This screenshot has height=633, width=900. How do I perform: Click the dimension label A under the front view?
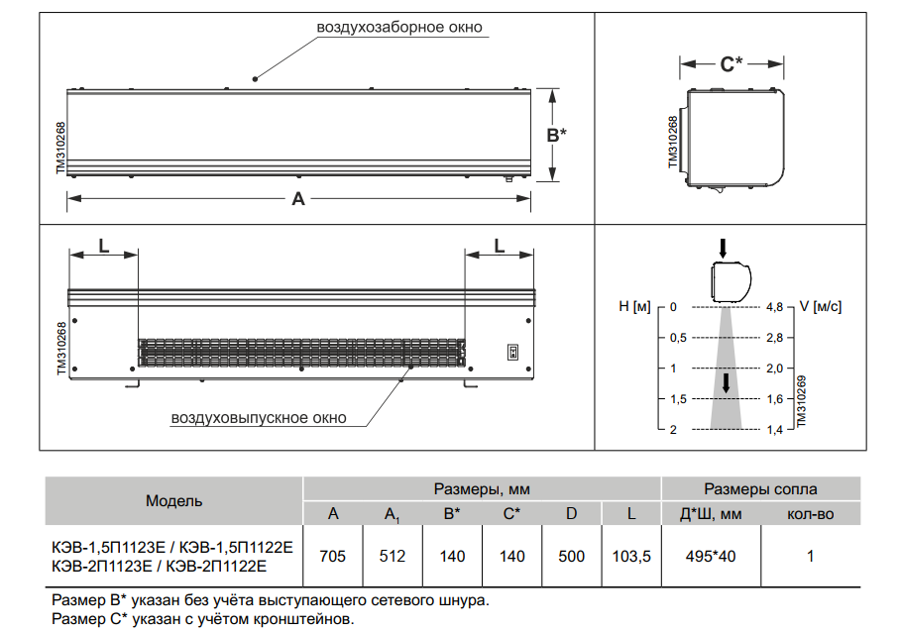tap(298, 198)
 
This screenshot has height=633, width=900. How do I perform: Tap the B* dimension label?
tap(556, 135)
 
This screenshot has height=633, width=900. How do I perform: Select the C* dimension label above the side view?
tap(731, 63)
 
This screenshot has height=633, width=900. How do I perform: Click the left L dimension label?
tap(104, 247)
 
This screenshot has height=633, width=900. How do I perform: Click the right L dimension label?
tap(500, 247)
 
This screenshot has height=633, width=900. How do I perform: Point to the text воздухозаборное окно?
tap(399, 27)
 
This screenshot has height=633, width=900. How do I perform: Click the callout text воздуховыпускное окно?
tap(259, 418)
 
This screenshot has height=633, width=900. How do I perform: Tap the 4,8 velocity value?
tap(774, 307)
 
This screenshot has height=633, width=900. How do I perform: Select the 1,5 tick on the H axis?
tap(678, 399)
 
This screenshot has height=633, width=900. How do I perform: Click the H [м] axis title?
tap(634, 306)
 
